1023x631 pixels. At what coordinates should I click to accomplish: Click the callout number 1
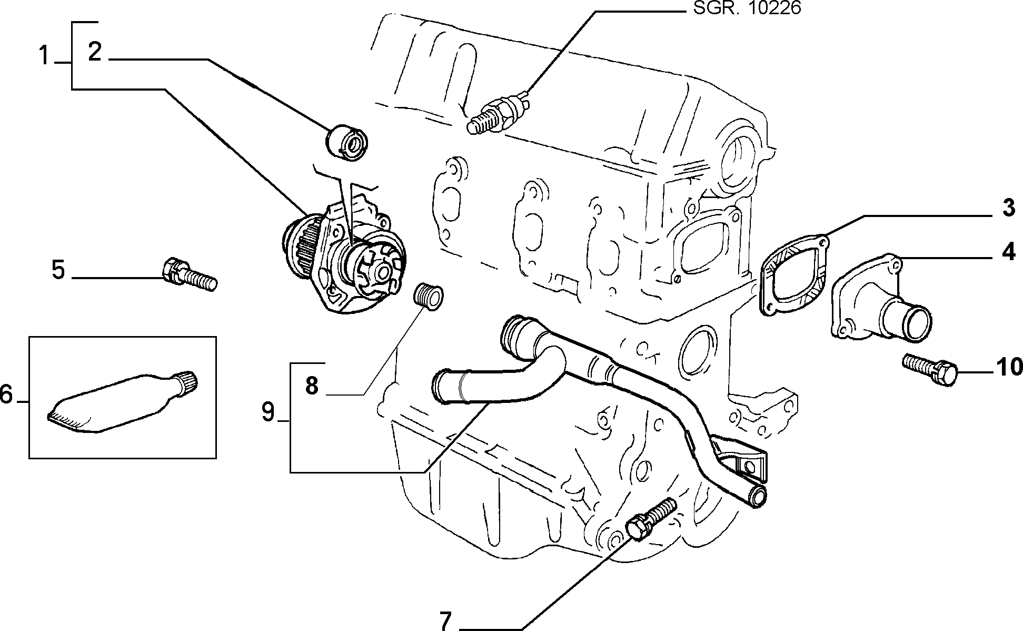(44, 56)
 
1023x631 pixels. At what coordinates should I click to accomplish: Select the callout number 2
(95, 52)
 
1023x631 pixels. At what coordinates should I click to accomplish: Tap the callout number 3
(1008, 208)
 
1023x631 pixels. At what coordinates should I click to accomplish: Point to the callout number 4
(1008, 252)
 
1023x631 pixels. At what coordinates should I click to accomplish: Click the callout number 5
(58, 270)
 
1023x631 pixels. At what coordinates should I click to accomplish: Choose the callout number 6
(6, 394)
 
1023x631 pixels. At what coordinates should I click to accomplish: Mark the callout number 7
(445, 622)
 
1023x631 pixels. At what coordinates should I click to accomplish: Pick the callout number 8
(312, 386)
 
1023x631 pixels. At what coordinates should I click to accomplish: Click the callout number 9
(269, 412)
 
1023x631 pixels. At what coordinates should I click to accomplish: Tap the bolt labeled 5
(189, 273)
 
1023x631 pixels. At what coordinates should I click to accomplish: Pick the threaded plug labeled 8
(428, 295)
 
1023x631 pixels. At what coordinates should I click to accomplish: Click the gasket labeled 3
(793, 274)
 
